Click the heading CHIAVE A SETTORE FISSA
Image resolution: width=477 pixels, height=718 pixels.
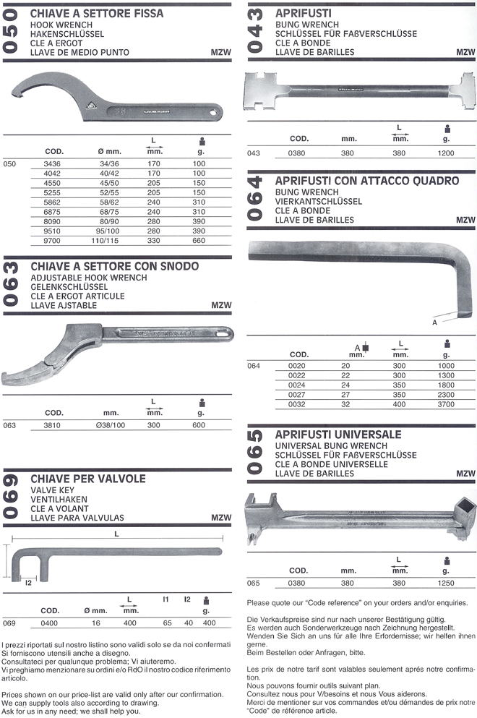pyautogui.click(x=97, y=14)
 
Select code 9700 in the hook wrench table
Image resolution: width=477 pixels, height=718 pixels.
pyautogui.click(x=52, y=240)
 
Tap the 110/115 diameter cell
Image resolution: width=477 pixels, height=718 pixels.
pyautogui.click(x=105, y=240)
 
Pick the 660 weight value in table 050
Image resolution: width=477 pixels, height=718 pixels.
pyautogui.click(x=199, y=240)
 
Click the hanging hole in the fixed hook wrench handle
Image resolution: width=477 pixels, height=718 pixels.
pyautogui.click(x=212, y=111)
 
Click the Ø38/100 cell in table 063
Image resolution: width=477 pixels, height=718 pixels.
pyautogui.click(x=111, y=425)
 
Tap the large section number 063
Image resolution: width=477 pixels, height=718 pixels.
pyautogui.click(x=11, y=284)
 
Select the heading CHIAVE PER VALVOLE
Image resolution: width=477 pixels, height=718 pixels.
pyautogui.click(x=88, y=479)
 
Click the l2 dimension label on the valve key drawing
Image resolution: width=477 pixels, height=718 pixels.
pyautogui.click(x=28, y=583)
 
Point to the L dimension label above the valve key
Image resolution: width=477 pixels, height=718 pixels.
pyautogui.click(x=117, y=534)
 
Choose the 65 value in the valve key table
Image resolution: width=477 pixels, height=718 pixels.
pyautogui.click(x=168, y=623)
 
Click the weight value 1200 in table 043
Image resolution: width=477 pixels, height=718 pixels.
pyautogui.click(x=446, y=153)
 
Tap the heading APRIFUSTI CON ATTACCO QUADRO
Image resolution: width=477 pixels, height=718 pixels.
pyautogui.click(x=366, y=181)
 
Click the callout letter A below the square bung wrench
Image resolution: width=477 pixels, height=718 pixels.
pyautogui.click(x=434, y=322)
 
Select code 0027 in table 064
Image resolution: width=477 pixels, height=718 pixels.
pyautogui.click(x=296, y=395)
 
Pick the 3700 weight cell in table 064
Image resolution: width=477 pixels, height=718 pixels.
pyautogui.click(x=446, y=404)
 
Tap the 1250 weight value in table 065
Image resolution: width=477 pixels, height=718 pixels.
pyautogui.click(x=446, y=583)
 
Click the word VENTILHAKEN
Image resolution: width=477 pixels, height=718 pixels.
pyautogui.click(x=59, y=500)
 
